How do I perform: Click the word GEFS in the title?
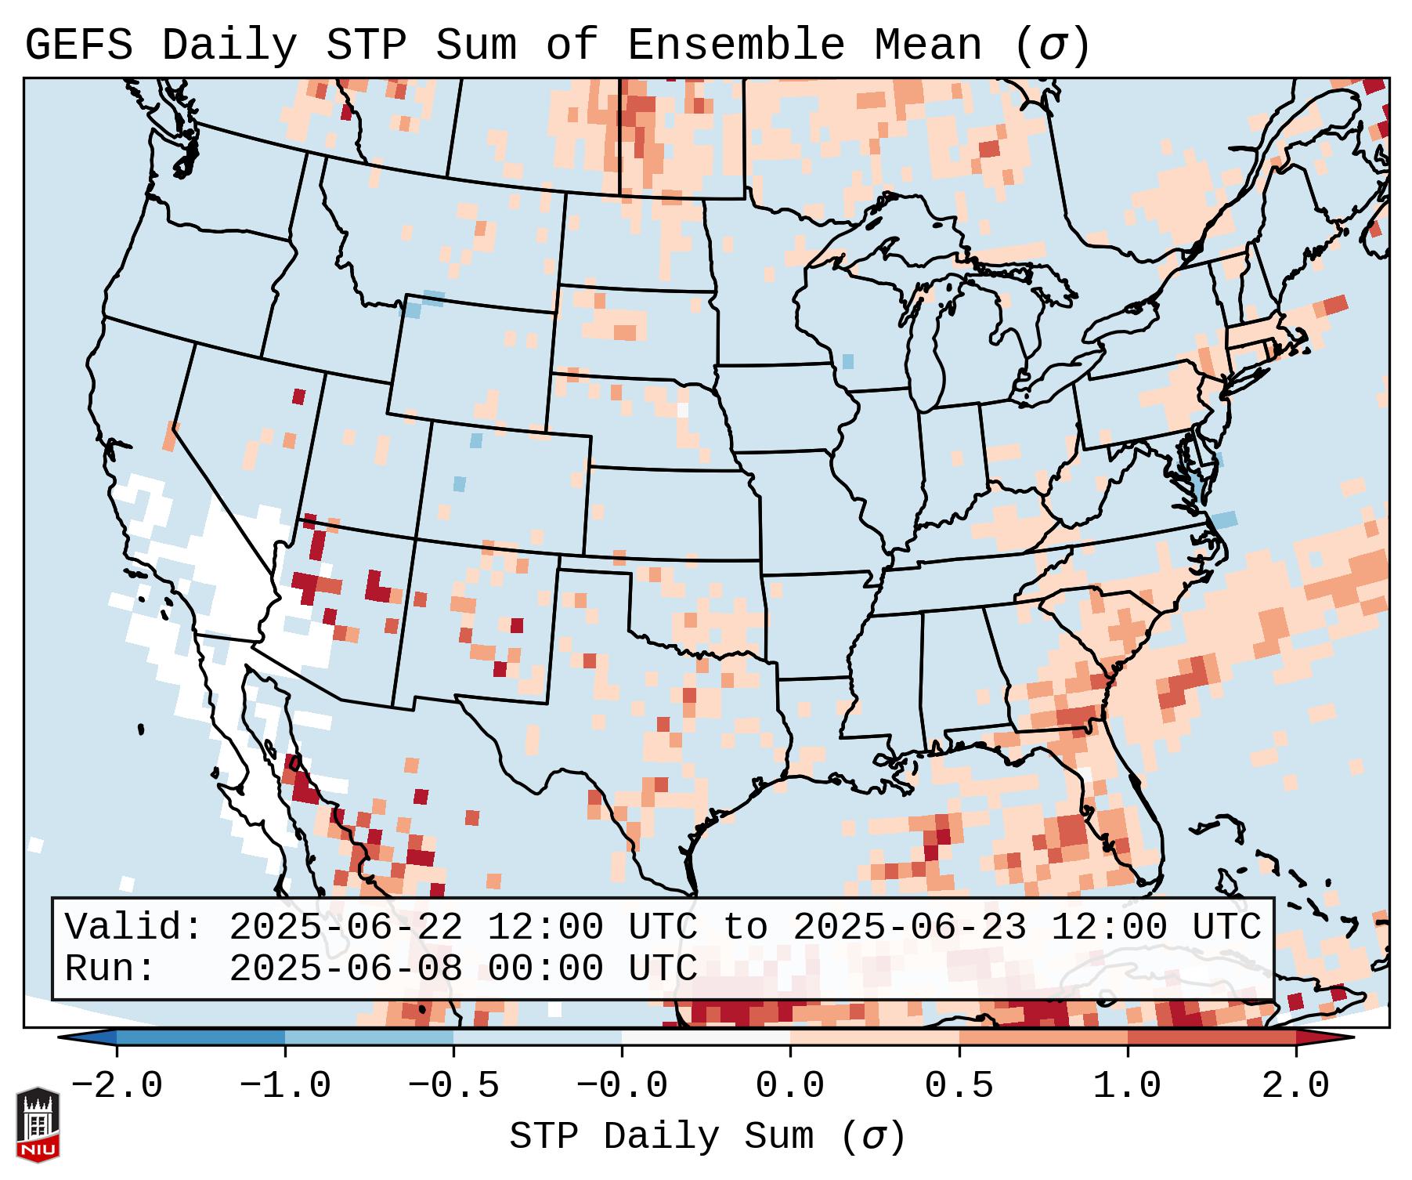click(x=79, y=45)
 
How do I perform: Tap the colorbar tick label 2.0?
click(x=1296, y=1086)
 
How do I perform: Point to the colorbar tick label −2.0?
click(x=117, y=1086)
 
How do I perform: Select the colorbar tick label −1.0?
click(x=285, y=1086)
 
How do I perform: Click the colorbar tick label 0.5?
click(x=959, y=1086)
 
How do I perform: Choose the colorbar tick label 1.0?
click(x=1127, y=1086)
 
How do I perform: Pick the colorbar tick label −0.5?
click(x=453, y=1086)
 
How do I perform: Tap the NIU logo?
click(x=38, y=1124)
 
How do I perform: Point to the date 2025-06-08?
click(x=346, y=968)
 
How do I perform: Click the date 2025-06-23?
click(x=910, y=928)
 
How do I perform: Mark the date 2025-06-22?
click(x=346, y=928)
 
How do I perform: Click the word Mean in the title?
click(x=928, y=45)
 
